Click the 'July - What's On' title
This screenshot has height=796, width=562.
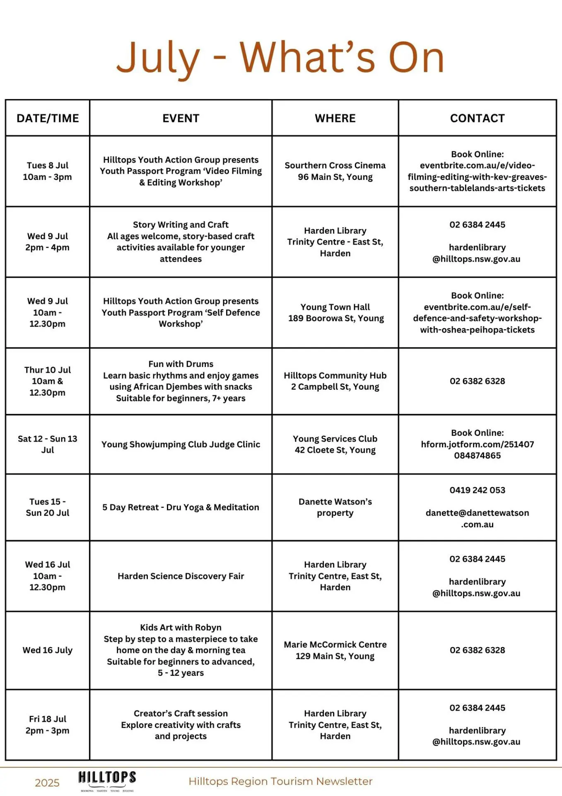[280, 58]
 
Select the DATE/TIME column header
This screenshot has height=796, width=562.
[48, 118]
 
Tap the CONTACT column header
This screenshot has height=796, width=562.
[477, 118]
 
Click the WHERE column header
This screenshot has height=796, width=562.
[335, 118]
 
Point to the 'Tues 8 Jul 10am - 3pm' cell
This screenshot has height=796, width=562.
[48, 171]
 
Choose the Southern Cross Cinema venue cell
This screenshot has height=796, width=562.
[335, 171]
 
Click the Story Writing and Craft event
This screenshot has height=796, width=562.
[181, 242]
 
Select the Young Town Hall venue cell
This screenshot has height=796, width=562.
[335, 313]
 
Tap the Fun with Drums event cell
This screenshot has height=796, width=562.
[181, 381]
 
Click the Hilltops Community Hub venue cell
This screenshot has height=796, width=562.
[335, 381]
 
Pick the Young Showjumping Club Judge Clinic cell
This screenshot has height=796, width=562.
[181, 444]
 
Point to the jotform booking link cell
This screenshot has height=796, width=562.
[477, 444]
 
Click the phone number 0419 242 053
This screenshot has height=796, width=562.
[477, 490]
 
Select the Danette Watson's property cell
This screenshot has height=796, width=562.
[335, 507]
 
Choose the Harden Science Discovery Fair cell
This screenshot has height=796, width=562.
[181, 576]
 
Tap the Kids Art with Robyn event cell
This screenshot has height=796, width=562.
[181, 650]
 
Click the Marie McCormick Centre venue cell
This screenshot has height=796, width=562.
[335, 650]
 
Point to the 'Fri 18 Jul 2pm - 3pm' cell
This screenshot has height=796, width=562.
[48, 725]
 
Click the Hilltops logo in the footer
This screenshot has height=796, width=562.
[107, 780]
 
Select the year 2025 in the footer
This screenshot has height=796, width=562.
[47, 783]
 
